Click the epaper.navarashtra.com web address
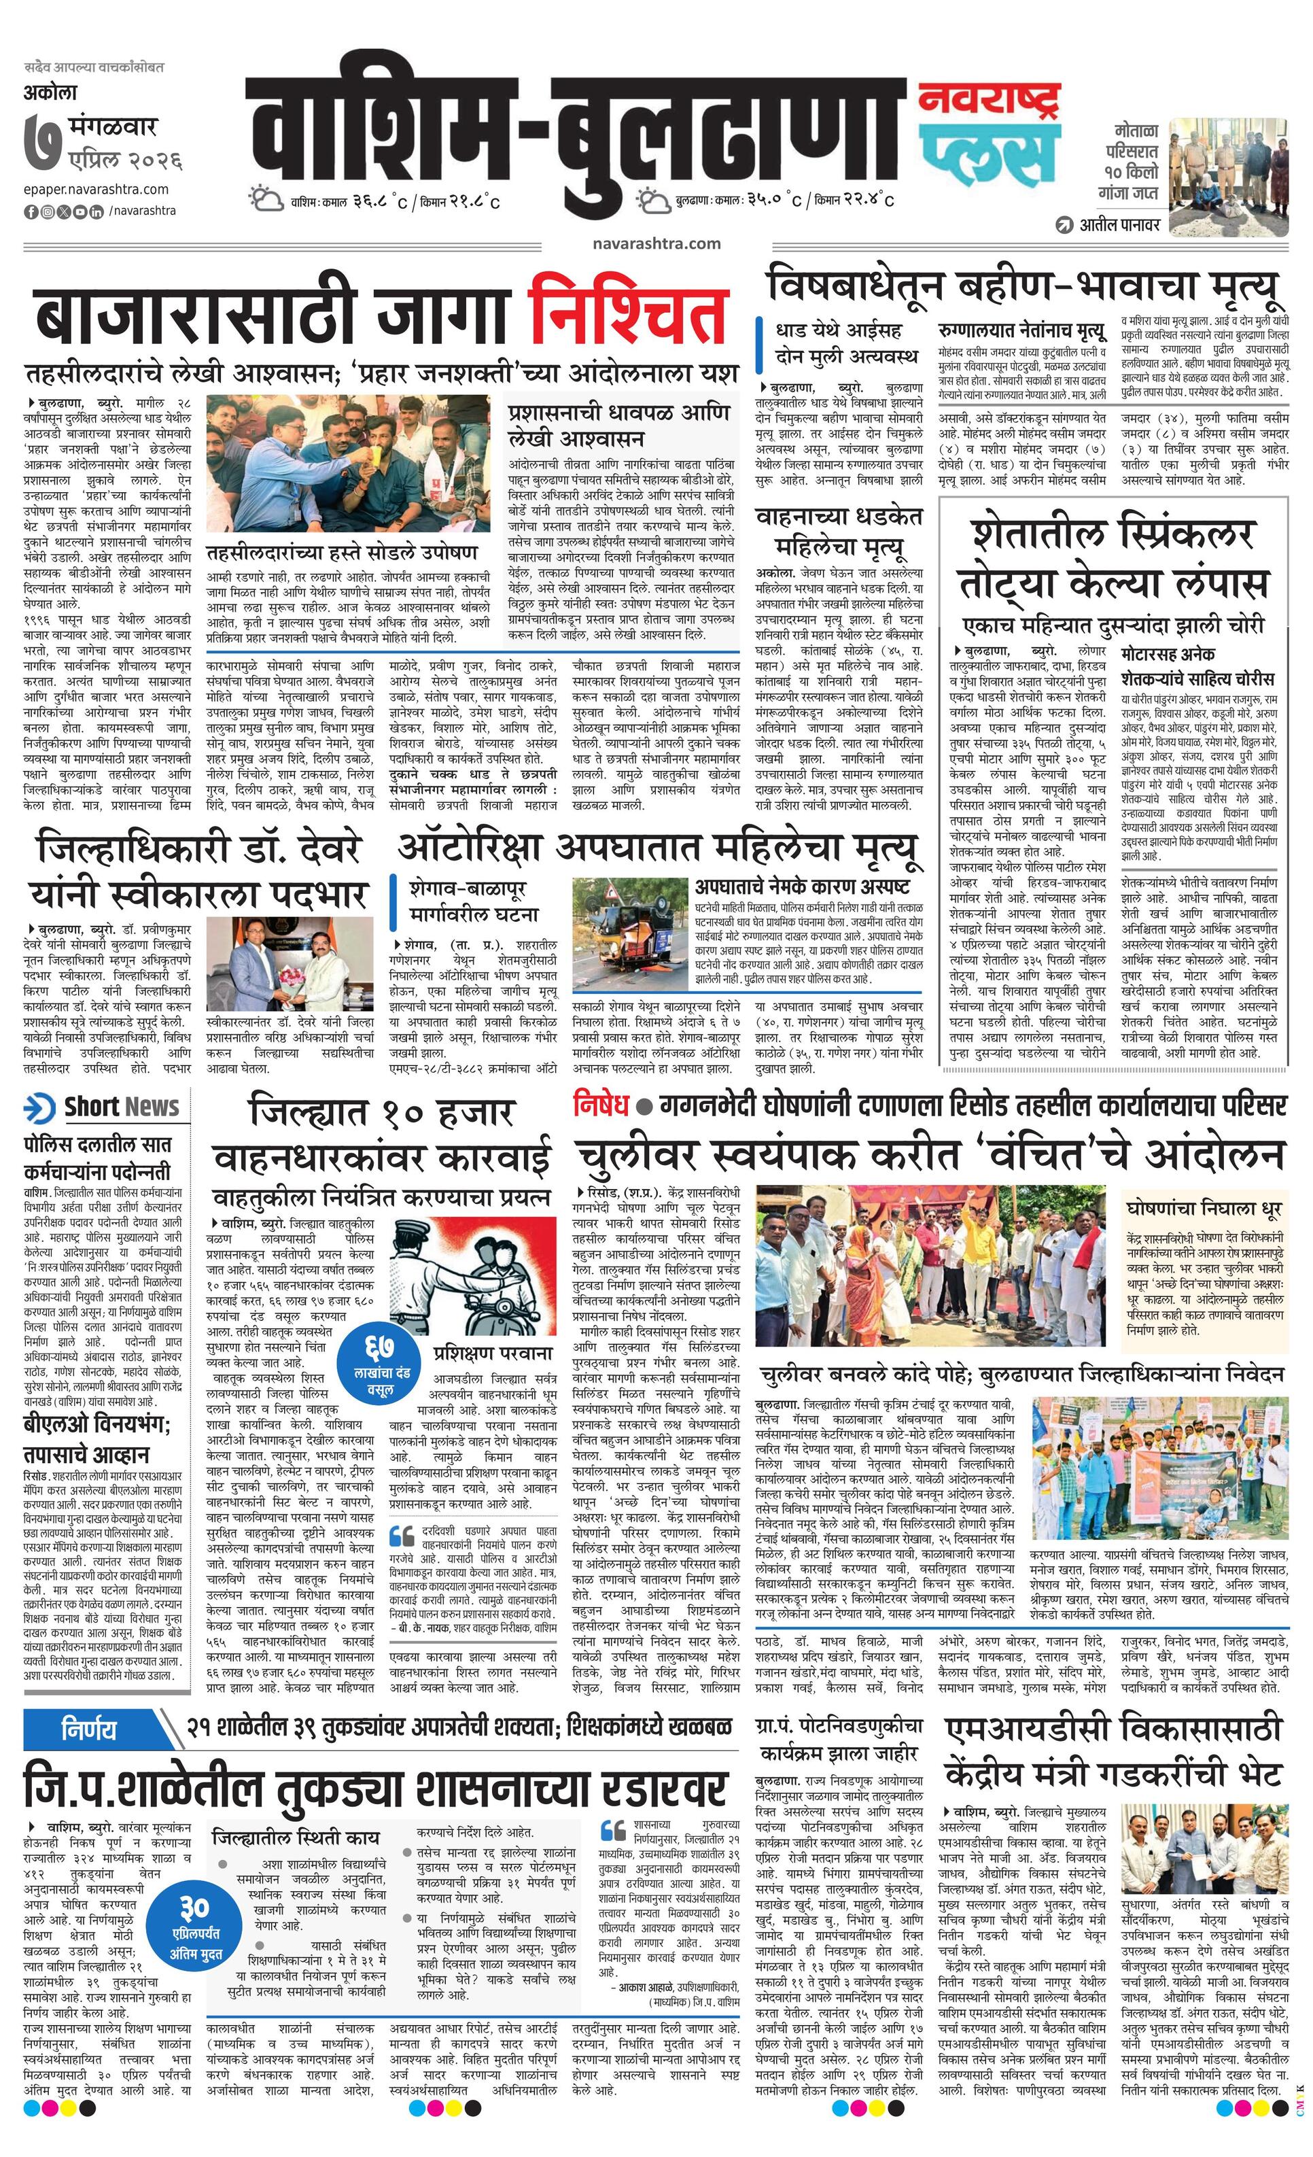(x=97, y=189)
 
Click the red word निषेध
(x=601, y=1105)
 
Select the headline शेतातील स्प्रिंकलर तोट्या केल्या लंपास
(x=1112, y=557)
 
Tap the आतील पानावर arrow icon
(x=1064, y=225)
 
